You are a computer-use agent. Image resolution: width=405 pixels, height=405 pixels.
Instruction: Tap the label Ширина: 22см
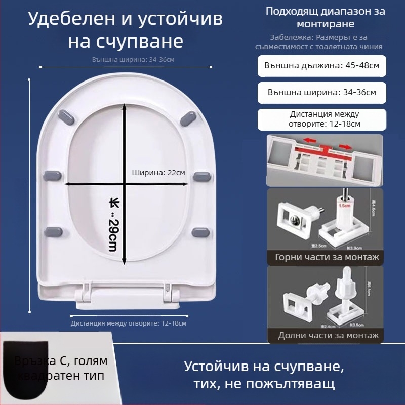pos(158,172)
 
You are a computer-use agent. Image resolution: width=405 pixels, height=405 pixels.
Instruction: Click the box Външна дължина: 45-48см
pos(322,66)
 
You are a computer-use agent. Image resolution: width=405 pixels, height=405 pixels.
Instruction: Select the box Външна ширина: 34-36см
pos(322,93)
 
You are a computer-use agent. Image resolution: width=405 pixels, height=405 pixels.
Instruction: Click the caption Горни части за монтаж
pos(327,257)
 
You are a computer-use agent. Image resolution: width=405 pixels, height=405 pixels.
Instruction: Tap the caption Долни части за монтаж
pos(328,335)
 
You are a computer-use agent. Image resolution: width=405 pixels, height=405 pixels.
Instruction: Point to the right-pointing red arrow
pos(346,146)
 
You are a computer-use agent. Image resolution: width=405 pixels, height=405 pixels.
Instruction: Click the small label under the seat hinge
pos(128,323)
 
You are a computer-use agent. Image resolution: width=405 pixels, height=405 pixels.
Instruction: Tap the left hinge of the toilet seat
pos(86,294)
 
